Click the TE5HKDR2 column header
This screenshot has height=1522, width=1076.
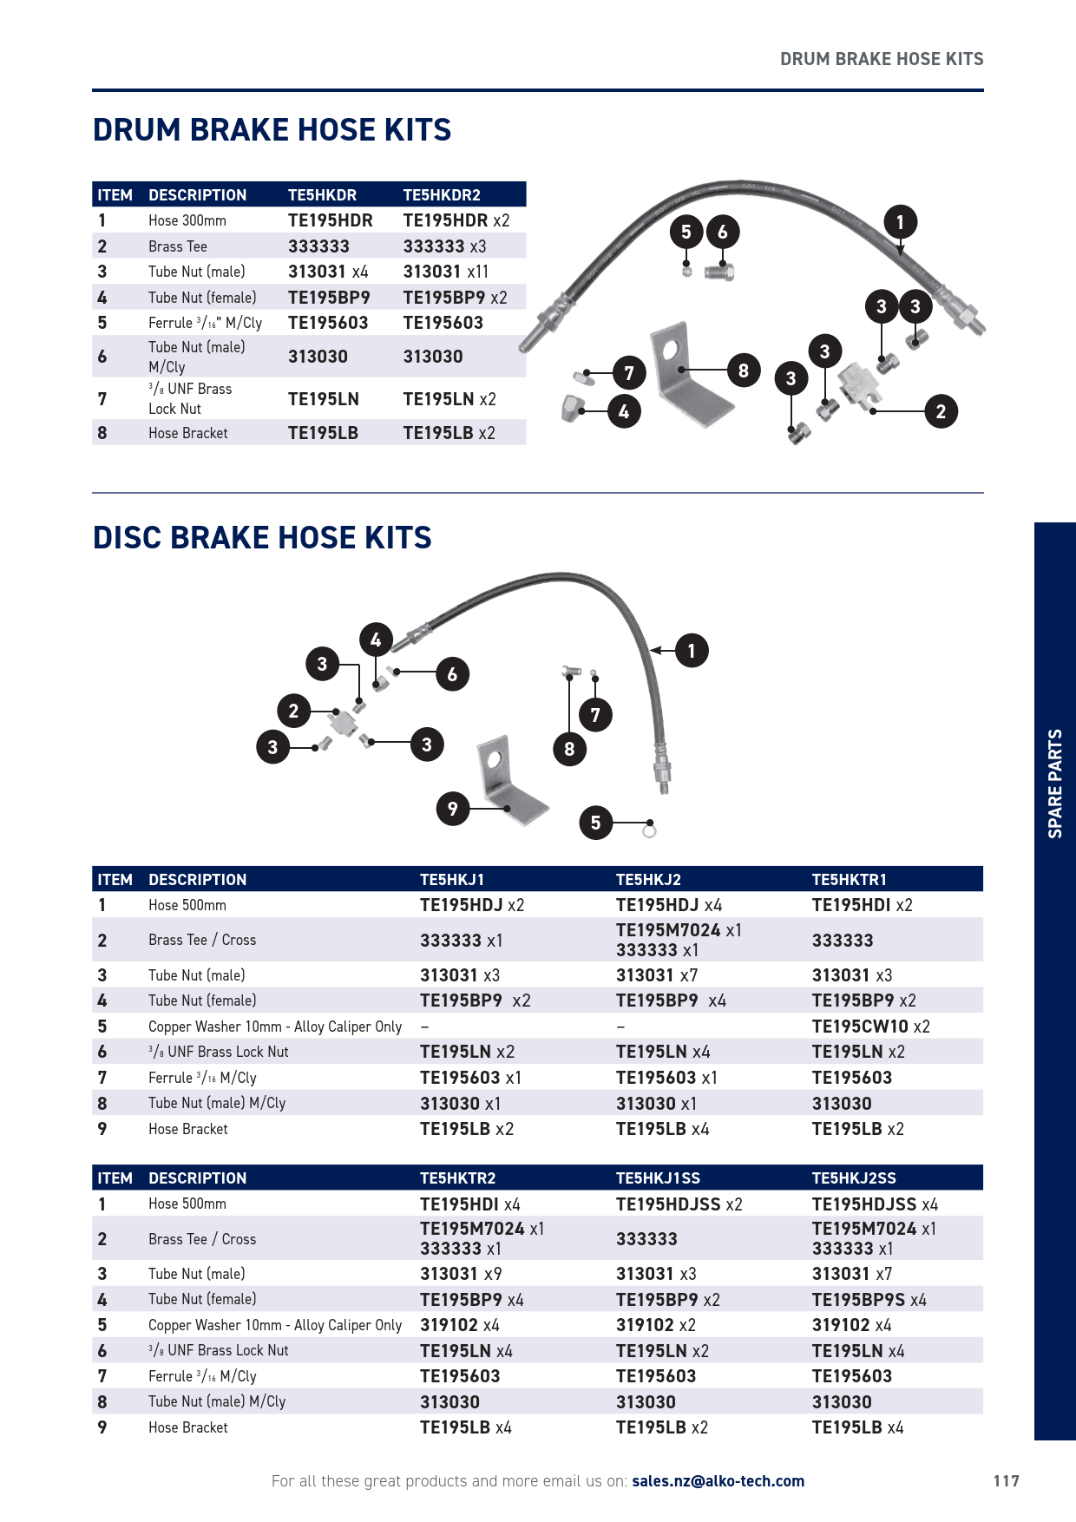pyautogui.click(x=441, y=195)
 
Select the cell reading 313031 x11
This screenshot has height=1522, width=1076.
pyautogui.click(x=445, y=272)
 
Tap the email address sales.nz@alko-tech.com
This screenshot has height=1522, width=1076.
pyautogui.click(x=718, y=1481)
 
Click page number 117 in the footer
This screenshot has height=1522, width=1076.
pyautogui.click(x=1006, y=1481)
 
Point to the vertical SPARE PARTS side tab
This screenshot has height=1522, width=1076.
pyautogui.click(x=1054, y=783)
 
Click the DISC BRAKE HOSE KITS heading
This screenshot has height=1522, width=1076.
pyautogui.click(x=262, y=538)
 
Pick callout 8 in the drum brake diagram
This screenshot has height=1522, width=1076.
pyautogui.click(x=743, y=371)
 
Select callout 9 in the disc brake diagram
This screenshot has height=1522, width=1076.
pyautogui.click(x=452, y=809)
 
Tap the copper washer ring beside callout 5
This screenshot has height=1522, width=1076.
pyautogui.click(x=649, y=831)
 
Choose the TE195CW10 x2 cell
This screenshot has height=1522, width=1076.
pyautogui.click(x=870, y=1027)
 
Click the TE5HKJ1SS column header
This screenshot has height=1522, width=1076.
pyautogui.click(x=658, y=1178)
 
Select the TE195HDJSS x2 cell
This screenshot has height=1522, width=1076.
pyautogui.click(x=679, y=1204)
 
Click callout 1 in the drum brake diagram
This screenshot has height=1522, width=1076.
pyautogui.click(x=900, y=222)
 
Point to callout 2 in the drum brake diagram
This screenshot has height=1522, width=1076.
pyautogui.click(x=940, y=411)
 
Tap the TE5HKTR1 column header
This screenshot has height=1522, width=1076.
pyautogui.click(x=849, y=880)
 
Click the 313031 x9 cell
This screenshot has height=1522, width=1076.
pyautogui.click(x=461, y=1274)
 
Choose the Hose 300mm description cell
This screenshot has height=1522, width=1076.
pyautogui.click(x=187, y=220)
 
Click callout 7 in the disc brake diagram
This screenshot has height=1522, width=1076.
pyautogui.click(x=595, y=715)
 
